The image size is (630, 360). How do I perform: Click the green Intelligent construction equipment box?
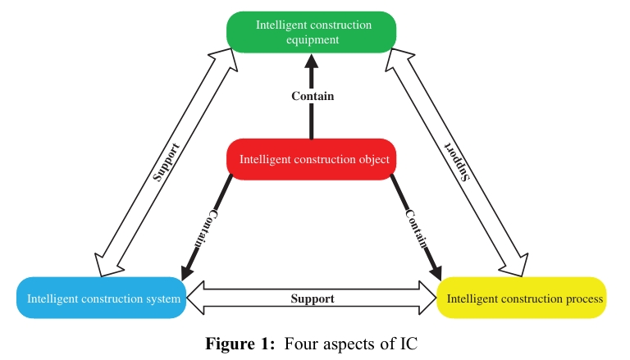click(x=313, y=32)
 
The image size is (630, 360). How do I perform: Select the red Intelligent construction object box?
click(x=313, y=159)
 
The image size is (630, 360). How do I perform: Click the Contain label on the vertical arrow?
click(x=313, y=96)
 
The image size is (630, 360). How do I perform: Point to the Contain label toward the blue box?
click(x=204, y=229)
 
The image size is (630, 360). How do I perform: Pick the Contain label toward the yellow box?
click(x=417, y=229)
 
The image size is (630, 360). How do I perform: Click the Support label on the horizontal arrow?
click(x=313, y=298)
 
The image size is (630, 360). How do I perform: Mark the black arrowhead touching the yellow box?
click(x=434, y=273)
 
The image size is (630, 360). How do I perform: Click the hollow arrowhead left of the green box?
click(x=219, y=57)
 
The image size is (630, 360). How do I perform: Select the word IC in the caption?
click(x=409, y=344)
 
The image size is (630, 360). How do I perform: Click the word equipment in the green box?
click(x=313, y=39)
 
